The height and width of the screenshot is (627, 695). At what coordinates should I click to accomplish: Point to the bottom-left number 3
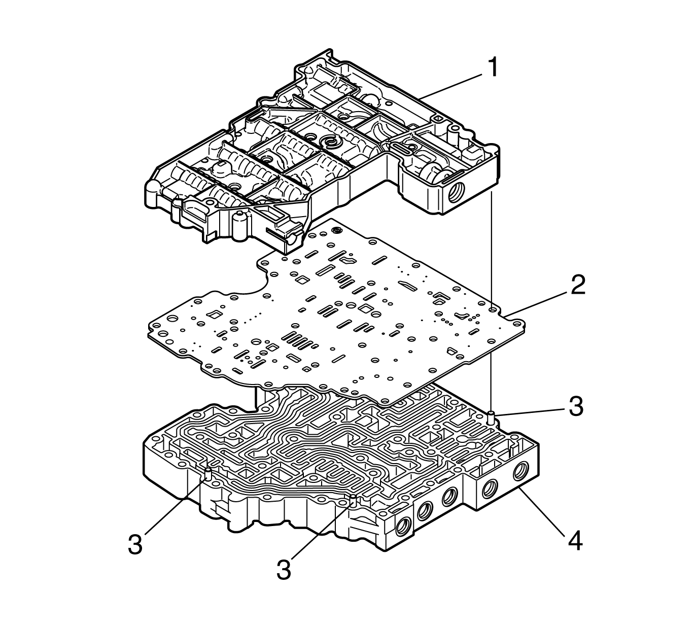click(x=135, y=545)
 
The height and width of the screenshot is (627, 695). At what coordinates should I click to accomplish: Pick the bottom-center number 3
click(x=284, y=569)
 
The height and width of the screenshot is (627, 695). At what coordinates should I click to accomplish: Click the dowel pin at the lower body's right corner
click(x=491, y=418)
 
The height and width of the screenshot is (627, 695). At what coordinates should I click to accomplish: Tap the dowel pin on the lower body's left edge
click(x=208, y=475)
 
